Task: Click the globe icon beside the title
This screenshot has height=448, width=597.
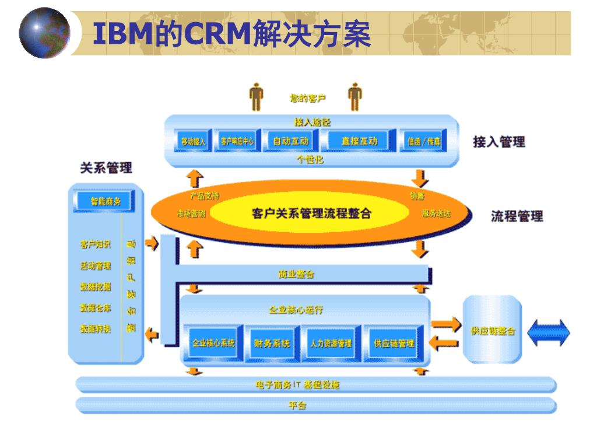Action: [x=44, y=33]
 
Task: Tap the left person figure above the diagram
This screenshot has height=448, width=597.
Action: [x=257, y=97]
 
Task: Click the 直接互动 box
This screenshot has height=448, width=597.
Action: [x=359, y=141]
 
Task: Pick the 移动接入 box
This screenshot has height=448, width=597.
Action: [x=194, y=142]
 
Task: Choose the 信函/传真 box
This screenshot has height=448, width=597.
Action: [x=424, y=142]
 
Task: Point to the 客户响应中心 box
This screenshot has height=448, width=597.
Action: [x=237, y=142]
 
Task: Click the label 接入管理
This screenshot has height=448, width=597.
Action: [x=498, y=142]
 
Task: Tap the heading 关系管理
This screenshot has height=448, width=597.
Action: [x=106, y=168]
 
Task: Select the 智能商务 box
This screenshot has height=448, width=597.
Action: [x=106, y=201]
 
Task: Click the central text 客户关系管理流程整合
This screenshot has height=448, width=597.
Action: [x=311, y=213]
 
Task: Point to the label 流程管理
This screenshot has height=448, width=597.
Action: [x=517, y=216]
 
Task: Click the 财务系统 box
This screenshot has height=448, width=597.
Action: [x=272, y=343]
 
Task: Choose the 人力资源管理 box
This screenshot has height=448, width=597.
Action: [x=331, y=343]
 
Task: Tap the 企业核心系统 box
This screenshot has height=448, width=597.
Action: [x=213, y=343]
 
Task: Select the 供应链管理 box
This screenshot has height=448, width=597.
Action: [x=394, y=343]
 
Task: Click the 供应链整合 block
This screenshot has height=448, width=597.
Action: [x=493, y=330]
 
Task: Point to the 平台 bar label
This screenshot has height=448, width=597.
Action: [x=298, y=405]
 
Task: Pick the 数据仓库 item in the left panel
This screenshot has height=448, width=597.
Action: [x=96, y=307]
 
